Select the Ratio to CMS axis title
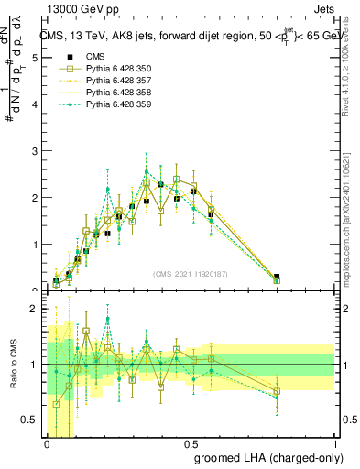(14, 366)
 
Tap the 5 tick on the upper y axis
(33, 57)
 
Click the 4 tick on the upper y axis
(33, 104)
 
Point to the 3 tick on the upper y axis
(33, 150)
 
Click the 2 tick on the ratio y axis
(33, 309)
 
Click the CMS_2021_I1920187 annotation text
(191, 274)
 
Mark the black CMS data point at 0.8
(277, 277)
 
